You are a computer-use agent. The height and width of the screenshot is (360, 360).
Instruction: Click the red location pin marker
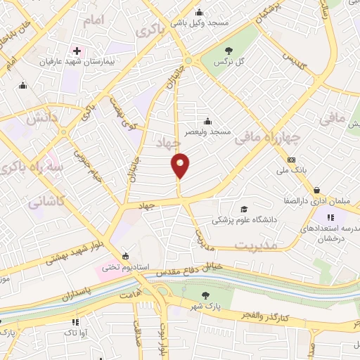click(x=181, y=165)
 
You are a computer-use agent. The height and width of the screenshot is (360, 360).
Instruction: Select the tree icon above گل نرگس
click(x=229, y=50)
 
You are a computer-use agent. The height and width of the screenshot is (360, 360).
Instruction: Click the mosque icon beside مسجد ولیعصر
click(x=207, y=120)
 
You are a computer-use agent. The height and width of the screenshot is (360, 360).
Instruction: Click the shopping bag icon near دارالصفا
click(x=316, y=190)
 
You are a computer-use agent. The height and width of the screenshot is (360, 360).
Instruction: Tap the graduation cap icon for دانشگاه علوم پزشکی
click(x=243, y=209)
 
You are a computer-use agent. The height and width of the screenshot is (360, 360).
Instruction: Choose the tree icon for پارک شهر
click(x=205, y=295)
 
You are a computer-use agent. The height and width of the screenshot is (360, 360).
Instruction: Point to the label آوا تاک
click(x=76, y=331)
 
